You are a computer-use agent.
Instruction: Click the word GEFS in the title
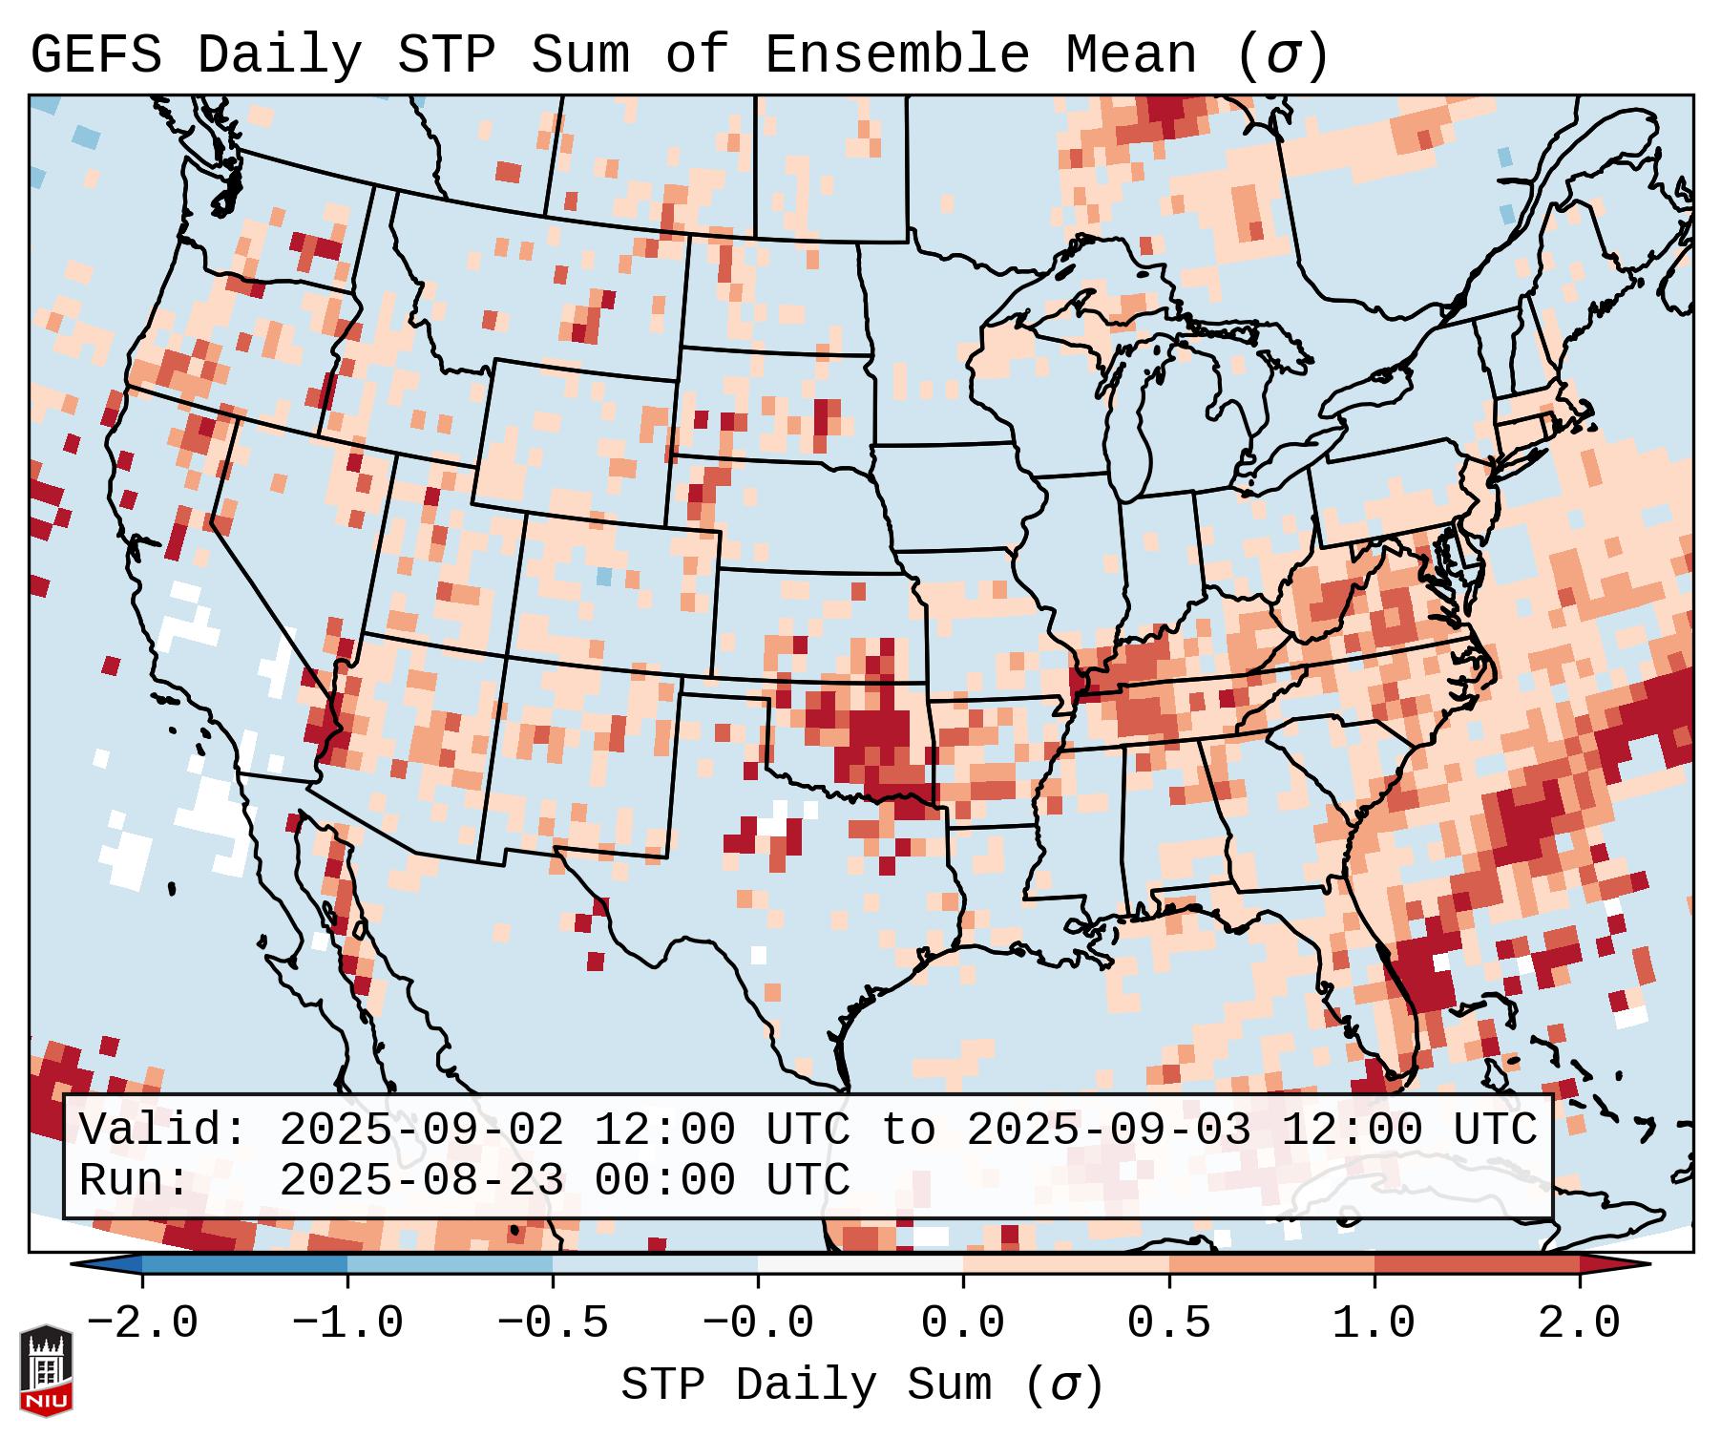(95, 55)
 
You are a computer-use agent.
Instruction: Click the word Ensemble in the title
(897, 55)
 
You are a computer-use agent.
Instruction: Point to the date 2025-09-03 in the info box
(1108, 1131)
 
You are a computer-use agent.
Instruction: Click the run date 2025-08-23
(421, 1181)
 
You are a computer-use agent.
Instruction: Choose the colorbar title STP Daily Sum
(806, 1385)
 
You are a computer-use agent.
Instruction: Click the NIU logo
(46, 1370)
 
